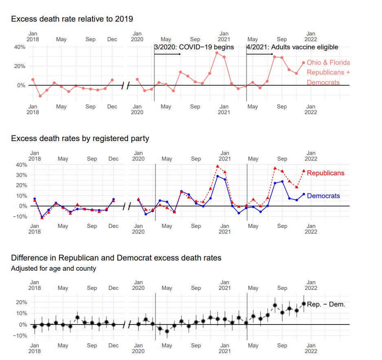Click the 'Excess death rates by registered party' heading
[80, 138]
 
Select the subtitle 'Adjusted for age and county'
[54, 268]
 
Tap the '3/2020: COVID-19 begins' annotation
[194, 47]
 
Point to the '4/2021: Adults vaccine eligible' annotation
[292, 47]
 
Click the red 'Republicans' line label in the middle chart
[325, 173]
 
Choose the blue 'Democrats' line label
[323, 196]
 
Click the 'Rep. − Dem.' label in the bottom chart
[326, 304]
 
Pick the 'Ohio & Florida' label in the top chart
[328, 62]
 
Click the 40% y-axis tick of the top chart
[20, 47]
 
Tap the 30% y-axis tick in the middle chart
[22, 175]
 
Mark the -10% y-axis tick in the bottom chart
[20, 336]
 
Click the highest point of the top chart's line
[217, 53]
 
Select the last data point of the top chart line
[303, 63]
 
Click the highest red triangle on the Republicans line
[218, 166]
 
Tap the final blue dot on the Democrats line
[303, 194]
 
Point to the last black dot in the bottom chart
[304, 304]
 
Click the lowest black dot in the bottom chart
[167, 331]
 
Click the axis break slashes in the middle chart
[126, 206]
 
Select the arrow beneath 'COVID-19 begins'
[168, 54]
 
